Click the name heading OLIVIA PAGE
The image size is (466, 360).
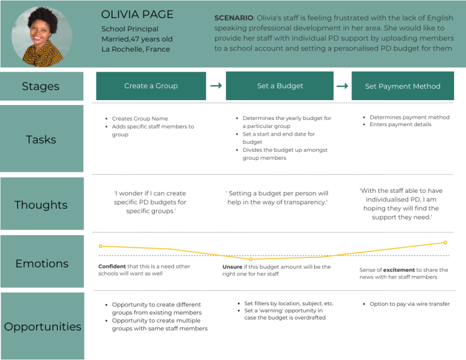click(x=137, y=14)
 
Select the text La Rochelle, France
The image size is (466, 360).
click(x=136, y=49)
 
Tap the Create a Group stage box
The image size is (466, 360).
click(x=151, y=86)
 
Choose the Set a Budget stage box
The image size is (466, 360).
click(x=280, y=86)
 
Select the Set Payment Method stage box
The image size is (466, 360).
click(x=403, y=86)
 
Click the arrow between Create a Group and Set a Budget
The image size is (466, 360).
click(x=216, y=86)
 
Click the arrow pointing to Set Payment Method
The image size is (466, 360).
click(x=342, y=86)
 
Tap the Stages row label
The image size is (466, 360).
click(x=41, y=86)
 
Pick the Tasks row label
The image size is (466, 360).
click(x=41, y=139)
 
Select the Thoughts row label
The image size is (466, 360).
click(x=41, y=205)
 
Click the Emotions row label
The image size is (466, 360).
click(x=42, y=263)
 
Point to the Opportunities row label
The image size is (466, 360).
click(x=42, y=326)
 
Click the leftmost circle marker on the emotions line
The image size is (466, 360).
click(x=100, y=246)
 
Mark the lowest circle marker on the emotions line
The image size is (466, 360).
click(x=250, y=259)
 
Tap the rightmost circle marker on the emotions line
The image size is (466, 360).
click(x=445, y=242)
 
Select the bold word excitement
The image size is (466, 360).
click(x=399, y=270)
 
